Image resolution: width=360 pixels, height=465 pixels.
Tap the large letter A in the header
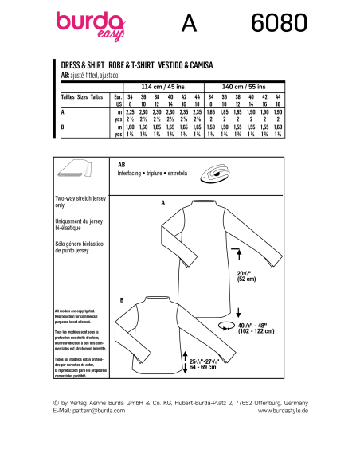click(189, 24)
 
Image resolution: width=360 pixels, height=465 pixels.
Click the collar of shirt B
click(152, 302)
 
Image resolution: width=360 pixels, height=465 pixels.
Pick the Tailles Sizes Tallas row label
click(81, 96)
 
